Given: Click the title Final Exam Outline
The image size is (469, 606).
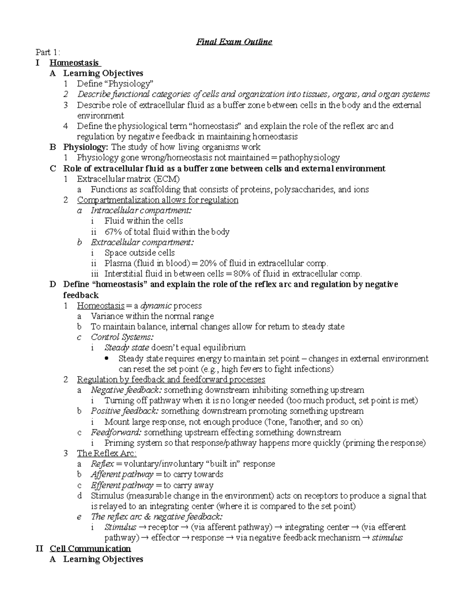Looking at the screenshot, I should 234,42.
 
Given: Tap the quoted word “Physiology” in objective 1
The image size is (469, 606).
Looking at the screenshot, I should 131,84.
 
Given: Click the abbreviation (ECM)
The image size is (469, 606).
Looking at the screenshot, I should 166,179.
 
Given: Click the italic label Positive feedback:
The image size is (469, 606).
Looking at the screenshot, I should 125,411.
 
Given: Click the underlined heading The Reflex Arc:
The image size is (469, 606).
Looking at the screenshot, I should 107,453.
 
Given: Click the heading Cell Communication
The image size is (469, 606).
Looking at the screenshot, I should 90,549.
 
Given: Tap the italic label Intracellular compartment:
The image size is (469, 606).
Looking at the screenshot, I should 141,210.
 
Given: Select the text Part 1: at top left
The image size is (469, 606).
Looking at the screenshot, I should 48,52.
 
